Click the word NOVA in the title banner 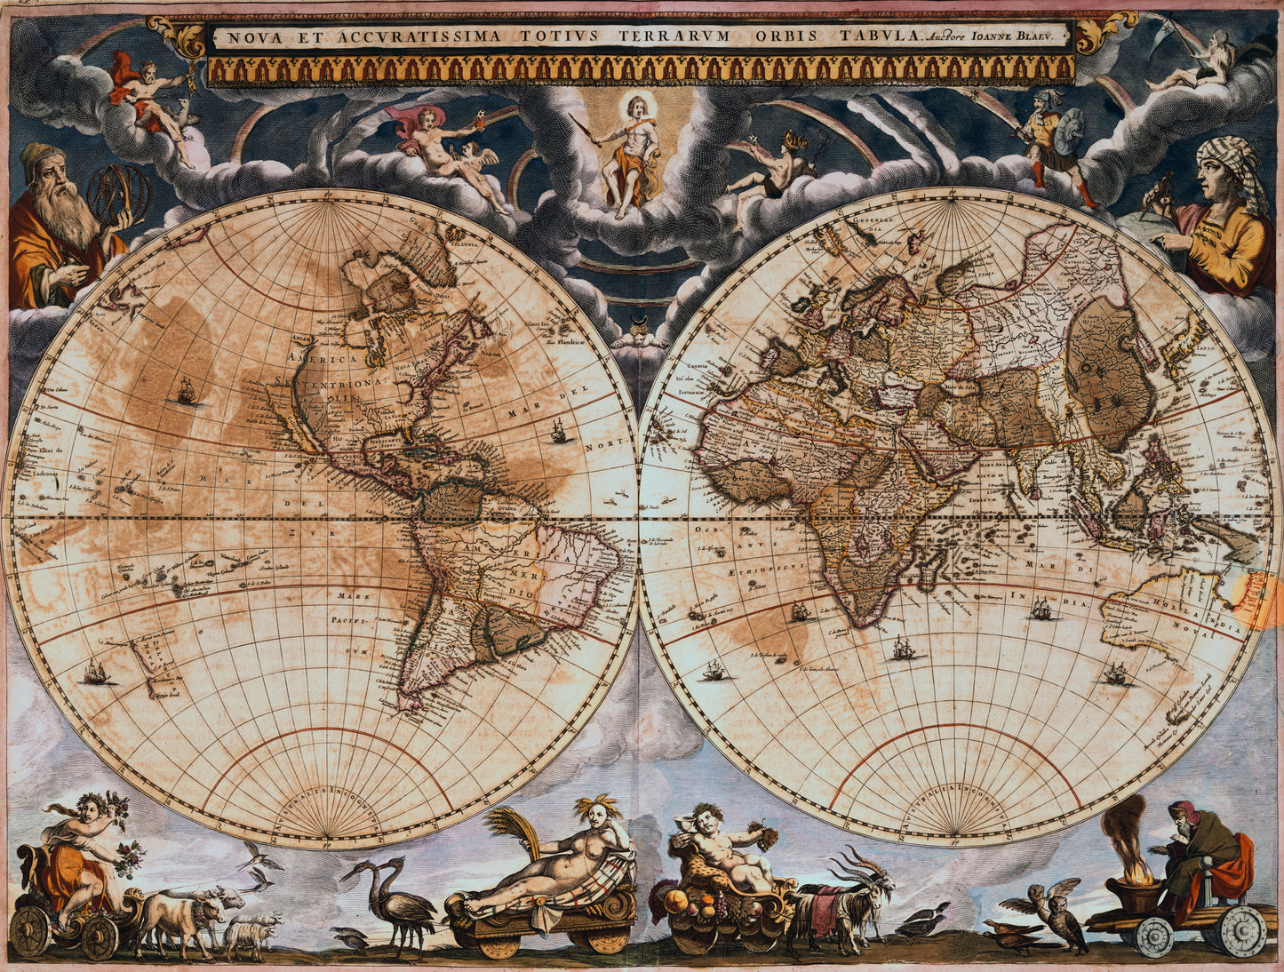[x=245, y=37]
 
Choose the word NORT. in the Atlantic [x=614, y=441]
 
